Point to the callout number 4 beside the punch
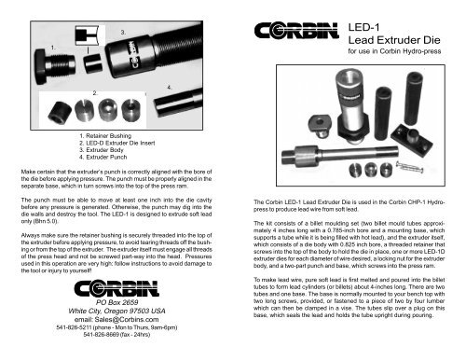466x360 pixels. (x=168, y=87)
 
